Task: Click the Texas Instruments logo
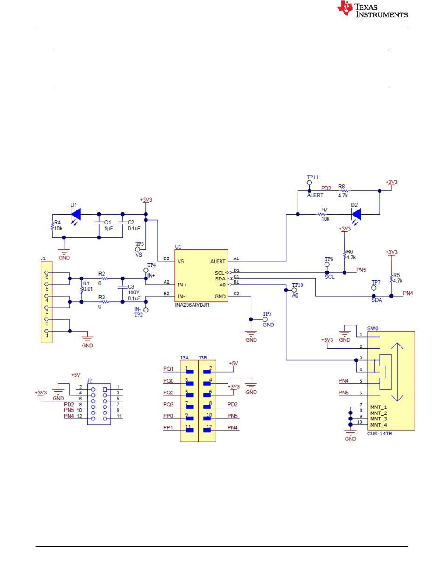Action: point(372,9)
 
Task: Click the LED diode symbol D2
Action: point(356,215)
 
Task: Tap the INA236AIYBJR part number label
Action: point(192,305)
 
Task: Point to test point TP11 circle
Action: point(309,183)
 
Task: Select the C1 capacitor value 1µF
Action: point(109,228)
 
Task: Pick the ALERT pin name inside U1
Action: point(218,261)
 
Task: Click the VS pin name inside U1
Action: point(180,261)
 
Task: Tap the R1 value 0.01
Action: point(88,289)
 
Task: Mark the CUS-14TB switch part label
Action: point(380,434)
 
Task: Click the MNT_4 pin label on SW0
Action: point(378,425)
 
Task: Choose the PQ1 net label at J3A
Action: point(168,369)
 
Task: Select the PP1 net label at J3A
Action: point(168,427)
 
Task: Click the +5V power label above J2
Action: point(76,375)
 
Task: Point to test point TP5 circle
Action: point(265,319)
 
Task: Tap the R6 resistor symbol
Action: point(345,255)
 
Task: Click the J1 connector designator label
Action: point(43,258)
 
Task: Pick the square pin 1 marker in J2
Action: point(105,390)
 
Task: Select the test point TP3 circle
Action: point(138,249)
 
